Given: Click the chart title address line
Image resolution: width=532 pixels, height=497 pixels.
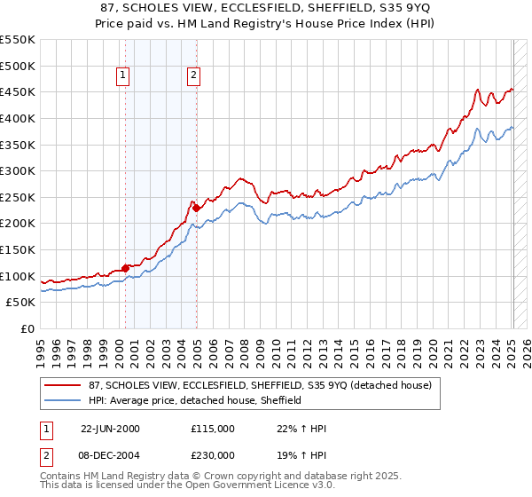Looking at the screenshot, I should coord(266,8).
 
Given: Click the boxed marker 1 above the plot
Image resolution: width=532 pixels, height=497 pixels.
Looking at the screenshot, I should coord(122,76).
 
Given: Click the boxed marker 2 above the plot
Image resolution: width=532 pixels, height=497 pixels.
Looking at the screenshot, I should coord(193,76).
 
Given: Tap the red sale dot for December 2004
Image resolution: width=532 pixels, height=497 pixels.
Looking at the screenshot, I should coord(196,208).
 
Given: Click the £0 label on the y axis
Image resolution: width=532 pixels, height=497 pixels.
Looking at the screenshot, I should coord(27,329).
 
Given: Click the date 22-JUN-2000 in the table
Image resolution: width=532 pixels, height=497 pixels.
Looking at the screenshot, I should coord(110,429).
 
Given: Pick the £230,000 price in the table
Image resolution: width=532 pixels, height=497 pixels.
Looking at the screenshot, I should coord(213,454).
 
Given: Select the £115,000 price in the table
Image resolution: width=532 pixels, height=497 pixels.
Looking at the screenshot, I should coord(213,429).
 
